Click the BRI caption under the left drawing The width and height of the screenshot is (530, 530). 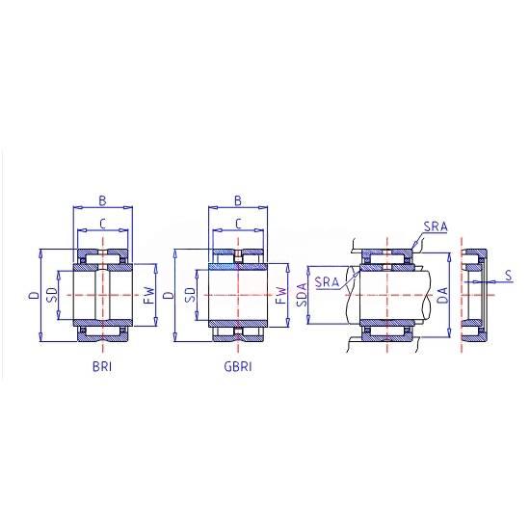[x=102, y=367]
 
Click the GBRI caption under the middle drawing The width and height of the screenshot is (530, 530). [x=238, y=367]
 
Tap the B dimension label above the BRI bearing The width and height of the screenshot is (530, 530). [x=102, y=200]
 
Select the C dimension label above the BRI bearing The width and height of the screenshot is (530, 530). [x=103, y=224]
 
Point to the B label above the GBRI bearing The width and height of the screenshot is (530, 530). [x=238, y=200]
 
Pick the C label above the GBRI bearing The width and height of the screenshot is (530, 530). [x=238, y=224]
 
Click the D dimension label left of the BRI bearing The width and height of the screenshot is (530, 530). [x=34, y=295]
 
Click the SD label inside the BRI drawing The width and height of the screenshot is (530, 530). [x=52, y=295]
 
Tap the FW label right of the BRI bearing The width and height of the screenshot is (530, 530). [x=149, y=295]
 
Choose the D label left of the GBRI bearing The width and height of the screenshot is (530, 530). [x=169, y=295]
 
